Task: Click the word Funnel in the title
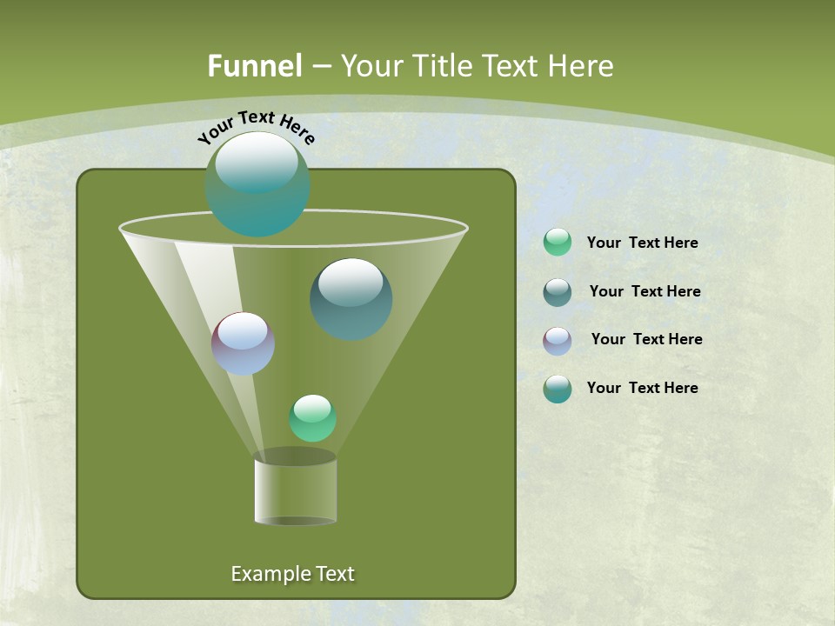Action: [254, 66]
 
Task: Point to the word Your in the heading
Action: [371, 66]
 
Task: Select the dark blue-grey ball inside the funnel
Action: [351, 300]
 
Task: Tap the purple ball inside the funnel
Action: [243, 344]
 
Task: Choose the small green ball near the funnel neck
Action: [312, 418]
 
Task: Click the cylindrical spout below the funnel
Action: [296, 491]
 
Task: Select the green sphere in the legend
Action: [558, 243]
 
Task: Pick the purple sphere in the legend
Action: [558, 341]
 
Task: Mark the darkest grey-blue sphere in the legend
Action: [558, 292]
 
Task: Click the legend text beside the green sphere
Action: [642, 243]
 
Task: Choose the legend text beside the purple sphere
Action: [646, 340]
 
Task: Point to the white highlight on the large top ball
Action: [257, 163]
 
